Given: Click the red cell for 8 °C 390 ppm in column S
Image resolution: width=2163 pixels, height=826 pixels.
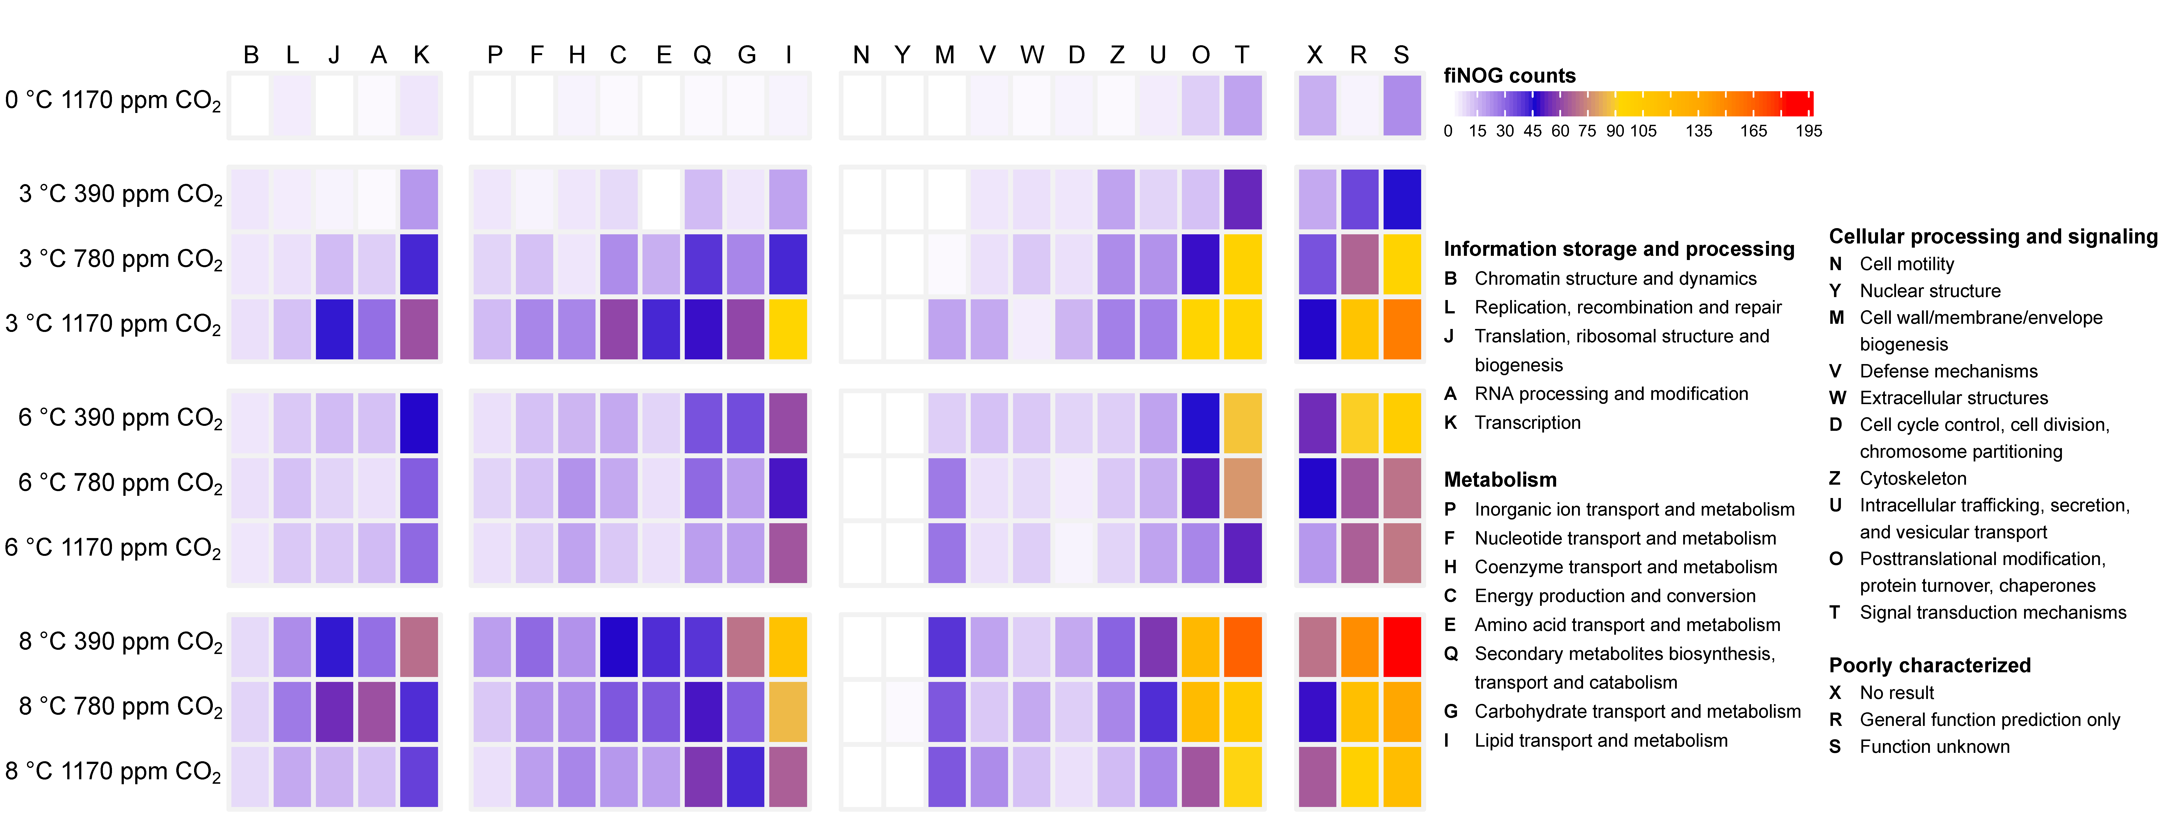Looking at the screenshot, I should [1401, 646].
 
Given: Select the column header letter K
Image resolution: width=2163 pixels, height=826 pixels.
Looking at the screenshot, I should [421, 55].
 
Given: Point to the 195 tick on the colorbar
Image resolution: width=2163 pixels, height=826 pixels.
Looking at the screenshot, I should [1809, 131].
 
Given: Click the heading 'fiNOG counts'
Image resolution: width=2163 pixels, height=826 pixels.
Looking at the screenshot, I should [1509, 76].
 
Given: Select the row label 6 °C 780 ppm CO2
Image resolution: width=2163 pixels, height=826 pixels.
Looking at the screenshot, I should [120, 483].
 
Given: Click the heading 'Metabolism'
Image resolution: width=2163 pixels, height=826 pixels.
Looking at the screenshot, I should [1500, 479].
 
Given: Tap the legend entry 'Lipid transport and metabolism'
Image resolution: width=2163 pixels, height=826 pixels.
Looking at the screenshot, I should [1600, 740].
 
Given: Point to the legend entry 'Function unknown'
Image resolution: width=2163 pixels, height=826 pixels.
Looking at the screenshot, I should [1934, 746].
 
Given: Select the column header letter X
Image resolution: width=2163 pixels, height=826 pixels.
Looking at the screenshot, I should [1315, 55].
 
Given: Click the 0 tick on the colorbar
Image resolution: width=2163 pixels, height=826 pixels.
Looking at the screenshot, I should [1448, 131].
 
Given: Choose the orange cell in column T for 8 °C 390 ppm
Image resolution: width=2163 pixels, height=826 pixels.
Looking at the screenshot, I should [1243, 646].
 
